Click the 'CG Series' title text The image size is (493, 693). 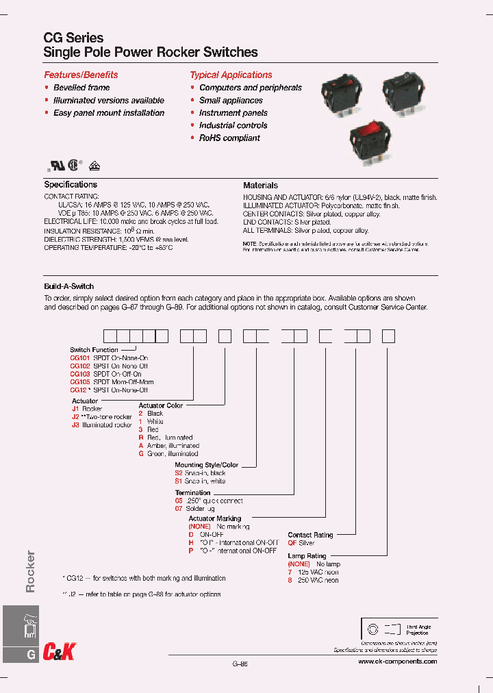click(74, 38)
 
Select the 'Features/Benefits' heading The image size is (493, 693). click(81, 75)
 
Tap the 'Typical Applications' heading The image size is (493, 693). click(231, 75)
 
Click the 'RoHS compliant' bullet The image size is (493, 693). click(229, 138)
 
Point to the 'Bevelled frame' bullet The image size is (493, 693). click(81, 88)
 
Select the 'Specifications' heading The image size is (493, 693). click(71, 185)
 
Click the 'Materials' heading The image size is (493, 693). click(260, 186)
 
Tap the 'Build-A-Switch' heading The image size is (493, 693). click(69, 286)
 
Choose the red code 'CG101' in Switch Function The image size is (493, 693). click(79, 358)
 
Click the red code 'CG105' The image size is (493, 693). click(79, 382)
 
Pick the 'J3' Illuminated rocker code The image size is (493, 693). click(75, 425)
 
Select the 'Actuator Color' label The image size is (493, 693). click(161, 405)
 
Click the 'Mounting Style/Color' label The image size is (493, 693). click(206, 465)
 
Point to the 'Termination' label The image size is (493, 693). click(192, 492)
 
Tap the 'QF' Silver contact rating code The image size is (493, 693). click(292, 543)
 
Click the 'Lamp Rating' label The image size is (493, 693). click(307, 556)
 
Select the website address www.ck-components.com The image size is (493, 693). click(397, 661)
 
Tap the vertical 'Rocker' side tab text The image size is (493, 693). click(30, 570)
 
